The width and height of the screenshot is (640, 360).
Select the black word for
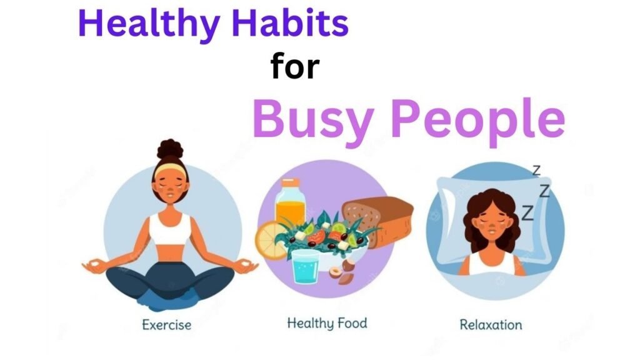tap(294, 67)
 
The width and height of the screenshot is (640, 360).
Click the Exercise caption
tap(166, 324)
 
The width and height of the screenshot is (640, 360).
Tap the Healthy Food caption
tap(327, 323)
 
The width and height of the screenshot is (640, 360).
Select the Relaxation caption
tap(491, 324)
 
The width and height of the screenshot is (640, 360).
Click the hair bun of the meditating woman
tap(170, 150)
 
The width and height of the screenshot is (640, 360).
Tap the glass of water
tap(307, 267)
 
